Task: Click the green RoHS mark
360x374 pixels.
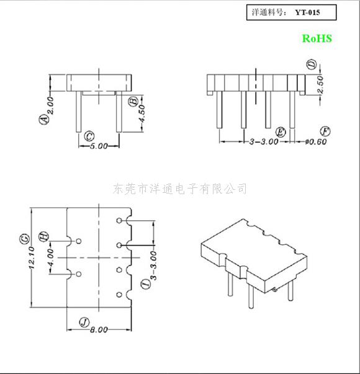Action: (317, 38)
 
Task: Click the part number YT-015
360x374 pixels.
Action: (307, 12)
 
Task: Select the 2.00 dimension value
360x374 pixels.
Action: (51, 105)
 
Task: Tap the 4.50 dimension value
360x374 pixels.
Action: (142, 114)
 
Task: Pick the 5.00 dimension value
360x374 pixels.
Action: (99, 146)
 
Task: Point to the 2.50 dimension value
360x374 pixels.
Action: (321, 85)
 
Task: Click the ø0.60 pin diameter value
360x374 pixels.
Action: (316, 141)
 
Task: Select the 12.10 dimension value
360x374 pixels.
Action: (32, 258)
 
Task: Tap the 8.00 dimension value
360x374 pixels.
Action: (99, 330)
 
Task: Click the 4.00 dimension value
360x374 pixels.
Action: (51, 258)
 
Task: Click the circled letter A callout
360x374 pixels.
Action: (43, 119)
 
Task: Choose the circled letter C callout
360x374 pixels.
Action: (89, 136)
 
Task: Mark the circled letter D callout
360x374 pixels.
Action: (312, 65)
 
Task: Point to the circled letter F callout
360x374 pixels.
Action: (325, 131)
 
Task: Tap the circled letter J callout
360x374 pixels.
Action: (84, 323)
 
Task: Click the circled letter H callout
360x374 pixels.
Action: (43, 236)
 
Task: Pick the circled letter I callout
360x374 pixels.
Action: (146, 284)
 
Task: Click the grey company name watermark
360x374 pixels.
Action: (180, 189)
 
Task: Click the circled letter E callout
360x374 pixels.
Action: (281, 132)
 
